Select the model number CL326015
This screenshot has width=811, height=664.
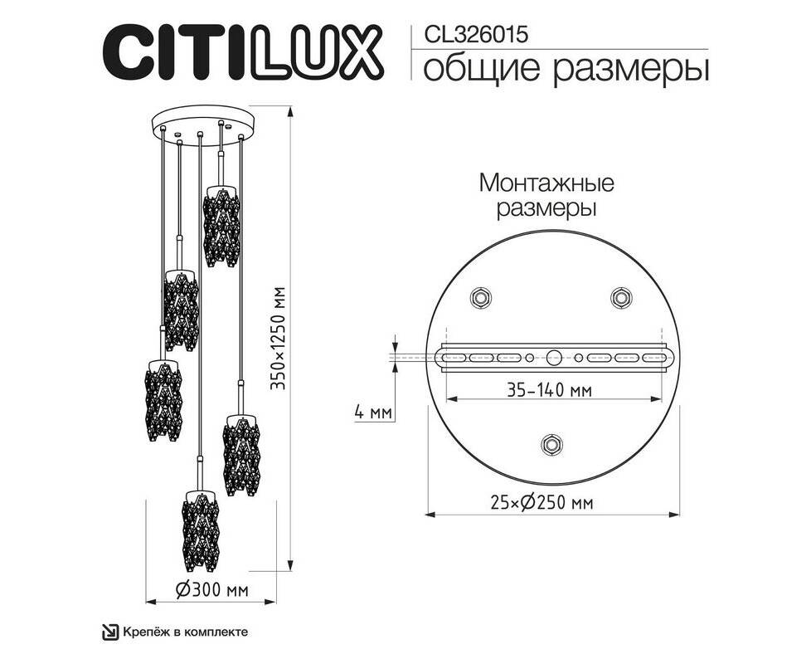click(x=476, y=35)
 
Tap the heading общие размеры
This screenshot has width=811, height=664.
click(x=566, y=70)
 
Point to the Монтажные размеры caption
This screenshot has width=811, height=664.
click(x=546, y=196)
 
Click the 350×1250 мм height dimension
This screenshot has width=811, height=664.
click(x=279, y=338)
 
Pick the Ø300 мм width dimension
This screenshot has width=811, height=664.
click(x=211, y=589)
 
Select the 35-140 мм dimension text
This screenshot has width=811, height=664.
click(x=549, y=390)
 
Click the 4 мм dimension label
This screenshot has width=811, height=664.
click(x=373, y=413)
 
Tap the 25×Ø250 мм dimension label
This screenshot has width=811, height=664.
click(x=541, y=502)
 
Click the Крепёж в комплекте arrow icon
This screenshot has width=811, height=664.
click(x=110, y=632)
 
